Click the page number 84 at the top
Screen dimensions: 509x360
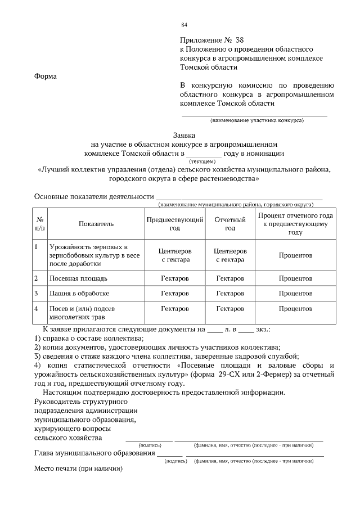coord(184,25)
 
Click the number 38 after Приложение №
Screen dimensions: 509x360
coord(240,40)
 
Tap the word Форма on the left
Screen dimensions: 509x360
coord(46,76)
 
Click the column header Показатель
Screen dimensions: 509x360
coord(96,224)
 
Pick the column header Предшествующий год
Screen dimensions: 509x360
coord(175,224)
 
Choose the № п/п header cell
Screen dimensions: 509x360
coord(40,224)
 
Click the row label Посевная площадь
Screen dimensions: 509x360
coord(78,278)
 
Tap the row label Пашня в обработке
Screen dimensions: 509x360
coord(79,294)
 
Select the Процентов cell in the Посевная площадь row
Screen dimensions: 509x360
coord(295,278)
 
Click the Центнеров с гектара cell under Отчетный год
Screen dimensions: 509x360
coord(230,255)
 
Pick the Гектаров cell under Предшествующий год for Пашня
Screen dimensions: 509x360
coord(175,294)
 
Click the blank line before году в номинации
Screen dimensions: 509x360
coord(204,153)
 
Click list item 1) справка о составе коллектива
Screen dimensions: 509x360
coord(89,338)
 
